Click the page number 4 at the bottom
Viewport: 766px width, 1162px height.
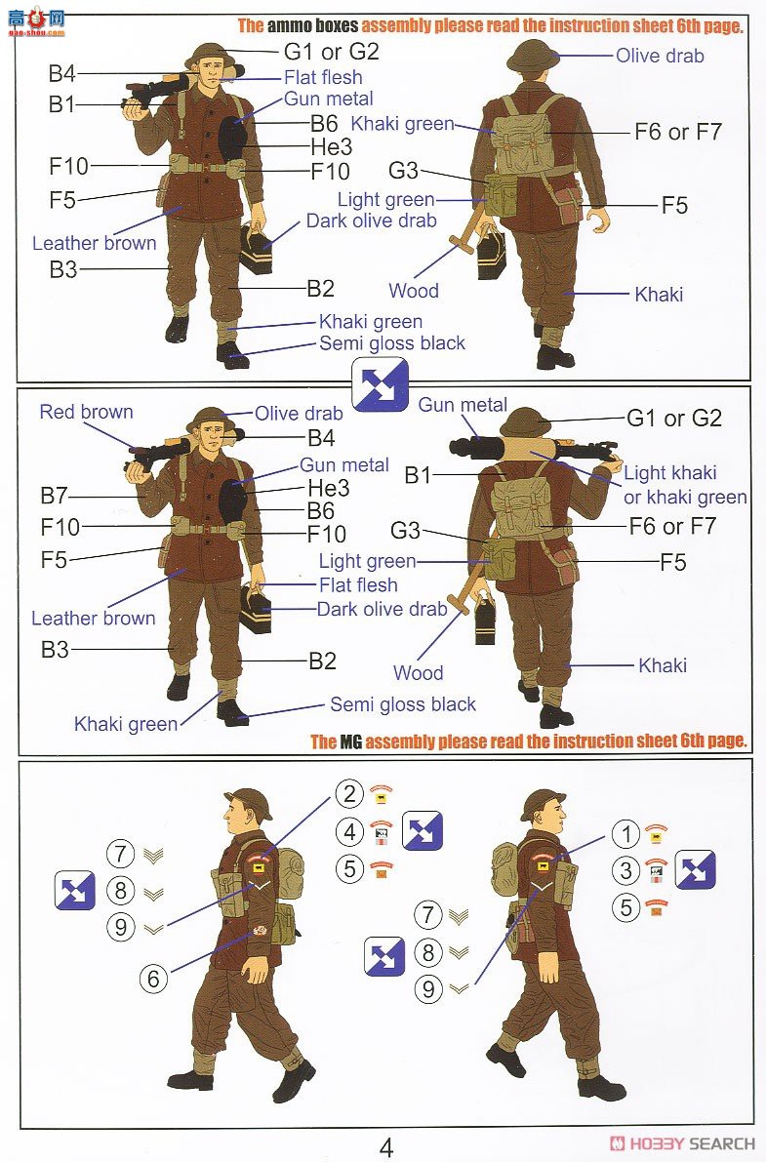386,1147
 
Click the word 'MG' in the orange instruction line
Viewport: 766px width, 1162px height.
350,741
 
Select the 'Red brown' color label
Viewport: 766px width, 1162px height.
86,412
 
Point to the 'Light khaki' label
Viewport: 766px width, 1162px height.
669,473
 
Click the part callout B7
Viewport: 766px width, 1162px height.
54,495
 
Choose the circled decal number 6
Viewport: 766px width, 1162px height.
153,979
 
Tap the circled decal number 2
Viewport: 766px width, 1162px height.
349,793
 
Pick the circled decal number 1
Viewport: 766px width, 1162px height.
625,834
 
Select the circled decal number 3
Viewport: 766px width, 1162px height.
625,870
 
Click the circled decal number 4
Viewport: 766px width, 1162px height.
349,831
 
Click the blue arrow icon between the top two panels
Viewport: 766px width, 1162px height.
381,383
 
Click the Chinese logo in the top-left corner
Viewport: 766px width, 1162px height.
36,20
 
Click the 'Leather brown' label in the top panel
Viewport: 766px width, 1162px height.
95,243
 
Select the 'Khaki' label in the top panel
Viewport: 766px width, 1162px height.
659,295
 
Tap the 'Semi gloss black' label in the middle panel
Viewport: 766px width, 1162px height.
403,704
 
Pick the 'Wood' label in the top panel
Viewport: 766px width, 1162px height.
413,291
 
